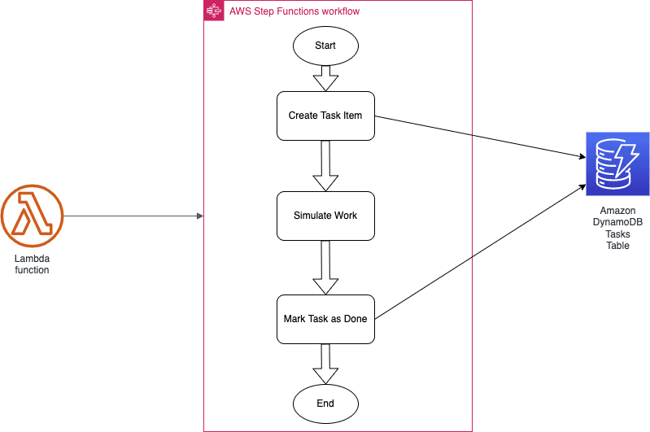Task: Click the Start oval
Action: [x=325, y=46]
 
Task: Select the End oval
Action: [x=325, y=404]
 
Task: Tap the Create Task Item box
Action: [x=325, y=116]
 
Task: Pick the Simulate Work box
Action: [x=325, y=216]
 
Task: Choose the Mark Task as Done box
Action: [x=325, y=319]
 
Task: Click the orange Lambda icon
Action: [x=32, y=216]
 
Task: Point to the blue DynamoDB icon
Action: [x=617, y=164]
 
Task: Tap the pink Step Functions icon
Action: [x=214, y=11]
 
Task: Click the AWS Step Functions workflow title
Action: [x=294, y=11]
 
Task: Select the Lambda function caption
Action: [x=32, y=264]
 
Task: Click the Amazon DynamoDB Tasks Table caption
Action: [x=617, y=228]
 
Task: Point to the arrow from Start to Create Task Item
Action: [x=325, y=78]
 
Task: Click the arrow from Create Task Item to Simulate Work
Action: [x=325, y=166]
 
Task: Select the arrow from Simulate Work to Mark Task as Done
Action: [x=325, y=268]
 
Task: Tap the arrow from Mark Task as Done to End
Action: [x=325, y=364]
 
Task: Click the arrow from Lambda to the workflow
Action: [x=133, y=216]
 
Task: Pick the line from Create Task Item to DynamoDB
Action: [x=481, y=137]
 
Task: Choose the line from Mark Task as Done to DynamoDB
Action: [x=481, y=252]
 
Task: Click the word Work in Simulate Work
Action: [x=346, y=216]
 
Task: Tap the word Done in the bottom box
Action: [x=356, y=319]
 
